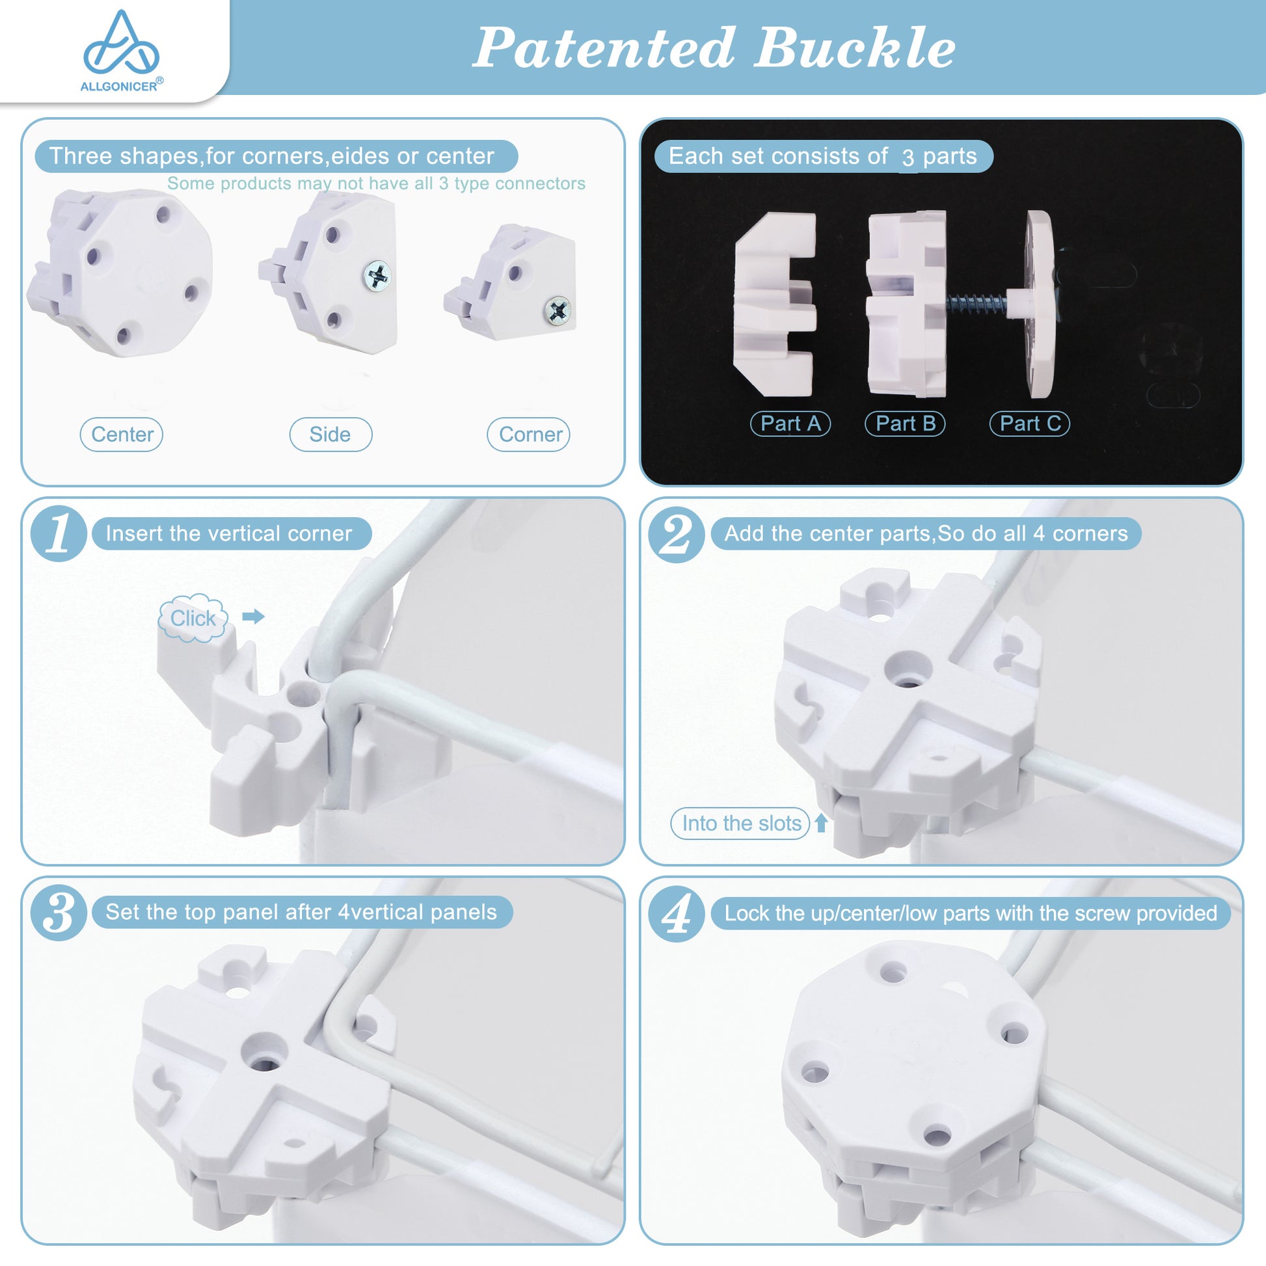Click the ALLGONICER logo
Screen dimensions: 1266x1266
click(121, 51)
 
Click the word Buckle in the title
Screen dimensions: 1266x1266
click(854, 48)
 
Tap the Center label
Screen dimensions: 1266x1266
click(122, 435)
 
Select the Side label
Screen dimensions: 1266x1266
click(330, 435)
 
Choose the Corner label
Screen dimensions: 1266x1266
click(529, 435)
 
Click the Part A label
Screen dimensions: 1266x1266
click(790, 424)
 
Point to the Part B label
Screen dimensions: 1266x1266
click(905, 424)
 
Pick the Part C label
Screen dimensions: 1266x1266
click(1029, 424)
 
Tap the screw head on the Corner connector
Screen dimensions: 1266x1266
click(558, 310)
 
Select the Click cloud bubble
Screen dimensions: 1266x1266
click(193, 617)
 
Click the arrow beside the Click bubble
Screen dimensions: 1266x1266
click(253, 616)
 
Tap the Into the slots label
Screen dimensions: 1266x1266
click(740, 823)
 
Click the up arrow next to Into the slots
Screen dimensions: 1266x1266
click(821, 823)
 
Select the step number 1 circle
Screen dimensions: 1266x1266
click(59, 533)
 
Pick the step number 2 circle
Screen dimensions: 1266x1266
click(676, 534)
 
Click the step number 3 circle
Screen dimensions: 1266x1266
click(59, 913)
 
